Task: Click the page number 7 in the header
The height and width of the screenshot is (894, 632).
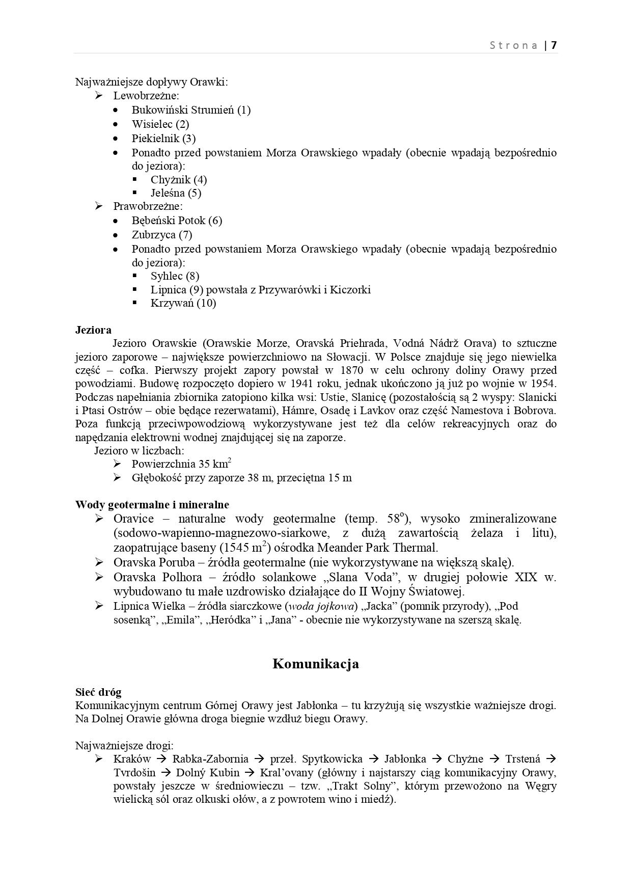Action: click(x=554, y=45)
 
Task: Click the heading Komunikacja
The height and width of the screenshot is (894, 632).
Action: click(x=316, y=664)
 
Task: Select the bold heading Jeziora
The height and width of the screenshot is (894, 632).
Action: click(x=93, y=330)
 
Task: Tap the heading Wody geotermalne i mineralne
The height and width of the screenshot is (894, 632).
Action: click(x=152, y=505)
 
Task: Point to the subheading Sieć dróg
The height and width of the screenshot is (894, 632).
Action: click(x=98, y=692)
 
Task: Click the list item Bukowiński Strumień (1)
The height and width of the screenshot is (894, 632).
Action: click(x=191, y=110)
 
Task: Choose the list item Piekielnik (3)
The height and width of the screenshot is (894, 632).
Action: click(x=163, y=139)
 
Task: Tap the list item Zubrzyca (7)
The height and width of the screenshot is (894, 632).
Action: click(x=162, y=235)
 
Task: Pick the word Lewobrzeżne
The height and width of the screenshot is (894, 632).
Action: click(x=146, y=96)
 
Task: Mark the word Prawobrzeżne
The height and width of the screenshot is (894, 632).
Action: click(x=148, y=206)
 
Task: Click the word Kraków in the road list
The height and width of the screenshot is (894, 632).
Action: click(x=132, y=759)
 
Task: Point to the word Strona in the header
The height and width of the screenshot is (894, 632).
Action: click(x=513, y=45)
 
